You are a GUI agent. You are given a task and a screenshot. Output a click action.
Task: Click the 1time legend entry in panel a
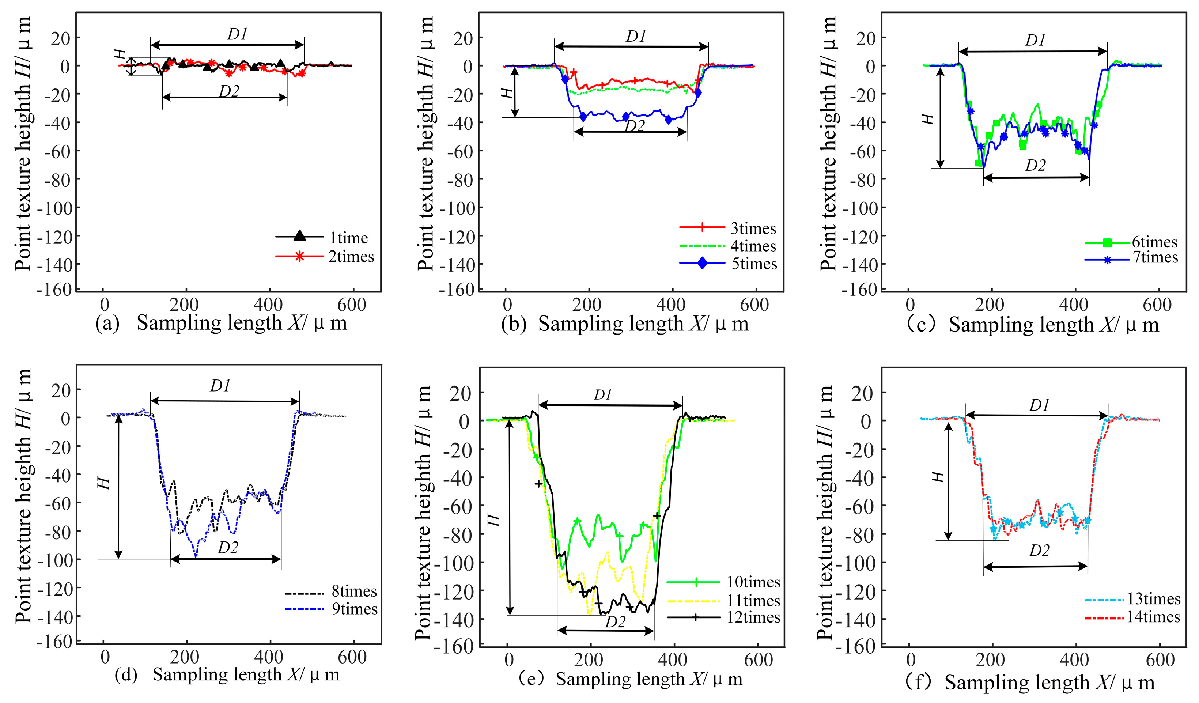pyautogui.click(x=348, y=238)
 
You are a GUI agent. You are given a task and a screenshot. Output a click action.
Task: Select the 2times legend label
pyautogui.click(x=351, y=257)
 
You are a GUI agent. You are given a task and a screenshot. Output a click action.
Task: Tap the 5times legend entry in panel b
pyautogui.click(x=754, y=264)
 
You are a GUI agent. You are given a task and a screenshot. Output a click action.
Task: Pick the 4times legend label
pyautogui.click(x=753, y=246)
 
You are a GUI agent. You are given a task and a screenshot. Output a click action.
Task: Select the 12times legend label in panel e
pyautogui.click(x=753, y=617)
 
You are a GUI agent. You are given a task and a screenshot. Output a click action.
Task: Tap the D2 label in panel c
pyautogui.click(x=1035, y=166)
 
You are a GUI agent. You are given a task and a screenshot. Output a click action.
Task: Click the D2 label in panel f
pyautogui.click(x=1039, y=551)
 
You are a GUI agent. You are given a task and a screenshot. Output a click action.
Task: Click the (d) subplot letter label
pyautogui.click(x=126, y=675)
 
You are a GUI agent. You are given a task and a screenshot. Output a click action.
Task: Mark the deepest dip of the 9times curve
pyautogui.click(x=196, y=556)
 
